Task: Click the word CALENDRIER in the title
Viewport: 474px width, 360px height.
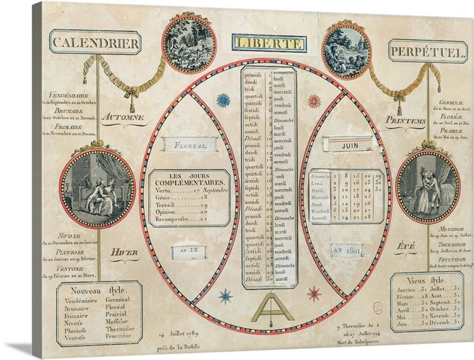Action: (x=95, y=43)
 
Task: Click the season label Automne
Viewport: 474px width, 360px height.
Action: (x=123, y=117)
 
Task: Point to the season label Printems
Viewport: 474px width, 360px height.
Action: (x=405, y=121)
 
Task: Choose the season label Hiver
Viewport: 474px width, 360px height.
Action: (x=124, y=253)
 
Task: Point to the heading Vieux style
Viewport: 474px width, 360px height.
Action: (x=425, y=280)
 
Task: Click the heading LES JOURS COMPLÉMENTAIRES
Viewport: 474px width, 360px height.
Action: (x=188, y=179)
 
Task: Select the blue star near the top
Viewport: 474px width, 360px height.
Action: (x=223, y=100)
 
